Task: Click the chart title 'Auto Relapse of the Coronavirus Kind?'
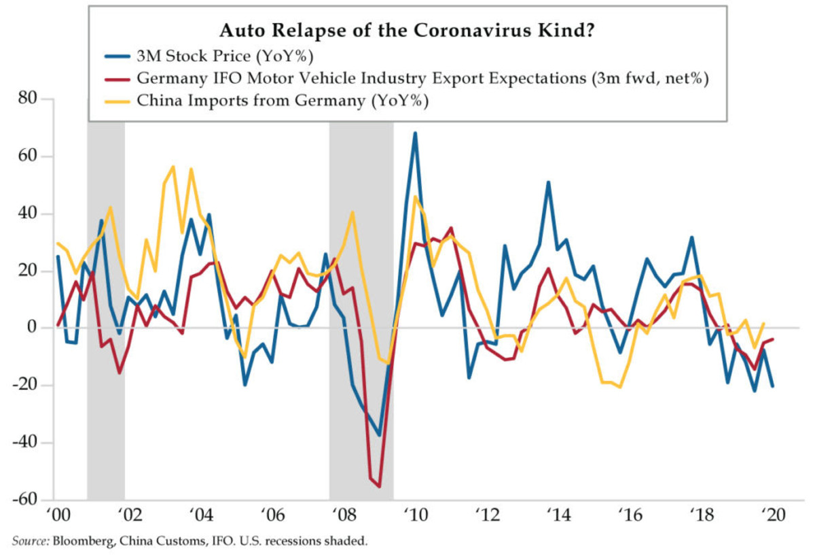point(407,31)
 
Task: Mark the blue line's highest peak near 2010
point(415,133)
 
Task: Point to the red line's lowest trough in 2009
point(379,486)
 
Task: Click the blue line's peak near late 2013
point(548,182)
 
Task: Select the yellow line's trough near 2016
point(619,387)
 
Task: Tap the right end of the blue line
point(773,386)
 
